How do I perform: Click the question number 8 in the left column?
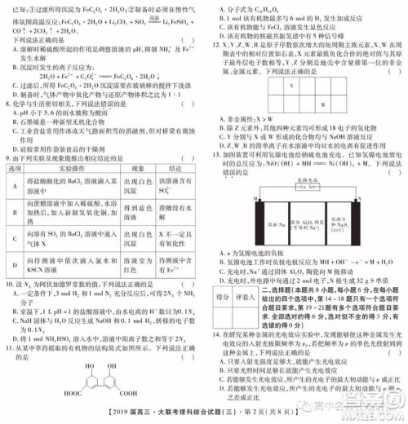point(7,104)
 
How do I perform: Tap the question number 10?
point(8,307)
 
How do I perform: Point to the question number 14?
point(212,335)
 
